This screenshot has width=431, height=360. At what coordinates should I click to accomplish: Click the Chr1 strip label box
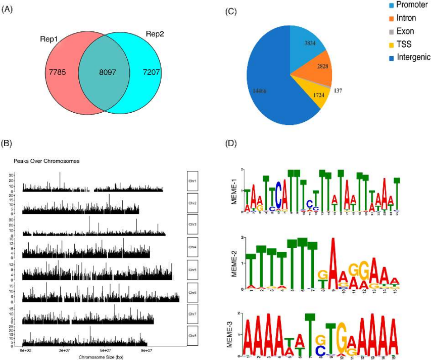[x=193, y=182]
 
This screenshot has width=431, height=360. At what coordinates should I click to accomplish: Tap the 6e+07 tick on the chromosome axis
[x=105, y=349]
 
